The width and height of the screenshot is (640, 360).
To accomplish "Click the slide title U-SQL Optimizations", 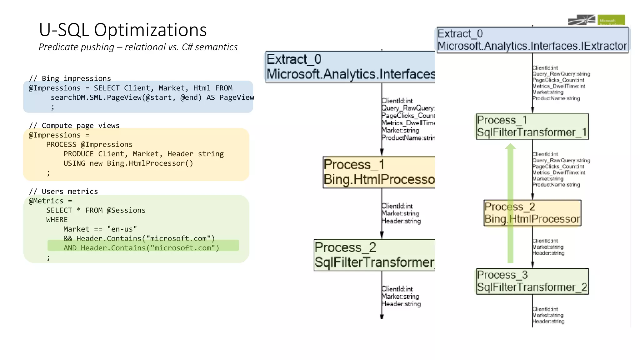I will (122, 30).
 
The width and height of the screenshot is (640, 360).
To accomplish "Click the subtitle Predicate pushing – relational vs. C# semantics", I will (138, 47).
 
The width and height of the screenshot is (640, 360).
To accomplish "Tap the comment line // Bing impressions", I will (70, 78).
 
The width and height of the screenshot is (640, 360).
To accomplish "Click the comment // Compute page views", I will (74, 125).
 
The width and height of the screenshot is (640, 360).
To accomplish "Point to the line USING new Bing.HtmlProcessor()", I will (128, 163).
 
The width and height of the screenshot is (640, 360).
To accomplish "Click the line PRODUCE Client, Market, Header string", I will (143, 154).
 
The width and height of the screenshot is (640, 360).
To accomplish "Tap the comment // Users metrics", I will (63, 191).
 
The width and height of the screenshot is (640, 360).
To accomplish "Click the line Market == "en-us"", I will (100, 229).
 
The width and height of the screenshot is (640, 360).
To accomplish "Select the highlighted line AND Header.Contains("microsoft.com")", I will (141, 248).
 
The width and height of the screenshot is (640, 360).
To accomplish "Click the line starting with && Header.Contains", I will (139, 238).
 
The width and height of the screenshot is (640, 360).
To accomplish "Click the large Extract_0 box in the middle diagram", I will (350, 67).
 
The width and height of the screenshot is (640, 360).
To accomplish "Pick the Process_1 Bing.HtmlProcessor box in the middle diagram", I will (379, 172).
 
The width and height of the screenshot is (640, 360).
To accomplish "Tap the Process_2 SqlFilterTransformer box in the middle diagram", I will (374, 255).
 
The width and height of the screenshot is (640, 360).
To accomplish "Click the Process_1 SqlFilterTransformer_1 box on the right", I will (532, 126).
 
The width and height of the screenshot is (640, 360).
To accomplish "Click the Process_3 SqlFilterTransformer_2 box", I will (532, 281).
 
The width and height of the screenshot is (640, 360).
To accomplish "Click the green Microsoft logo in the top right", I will (611, 20).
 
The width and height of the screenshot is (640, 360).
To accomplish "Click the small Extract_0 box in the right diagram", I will (532, 40).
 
